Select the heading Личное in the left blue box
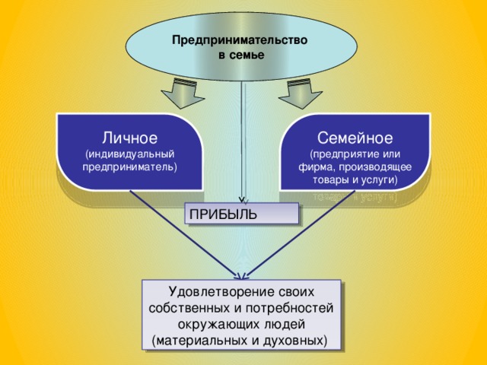(130, 138)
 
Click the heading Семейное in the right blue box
(355, 138)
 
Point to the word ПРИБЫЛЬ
(223, 214)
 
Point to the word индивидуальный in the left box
(130, 153)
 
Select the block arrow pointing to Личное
(180, 93)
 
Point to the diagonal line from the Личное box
(183, 232)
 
